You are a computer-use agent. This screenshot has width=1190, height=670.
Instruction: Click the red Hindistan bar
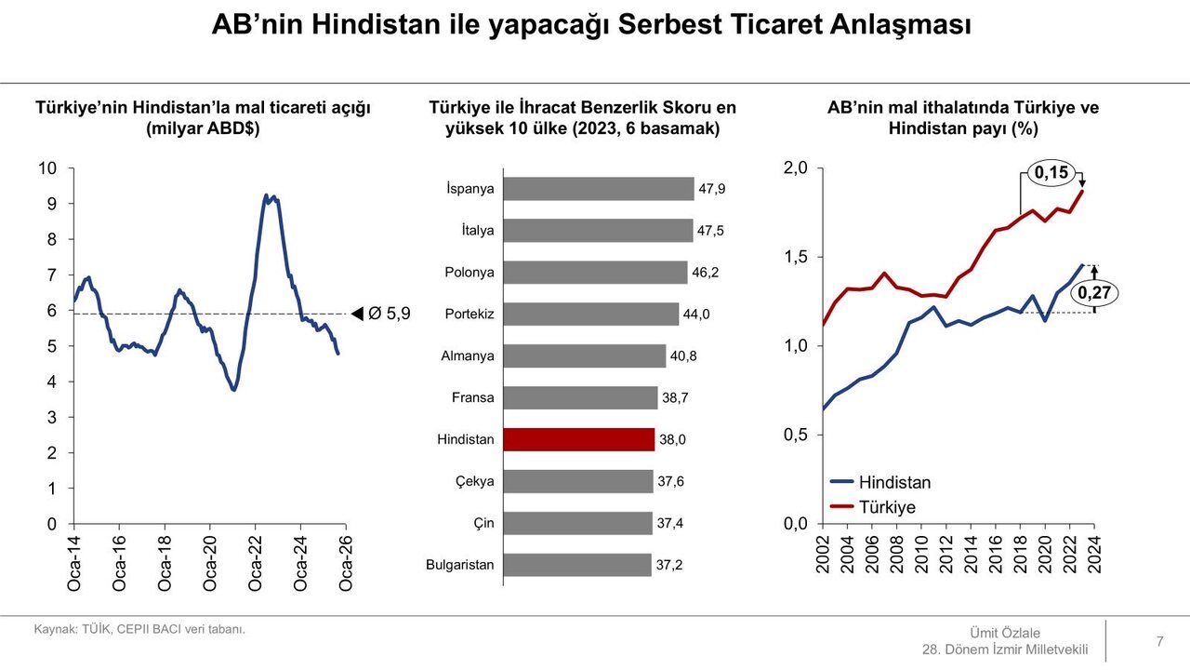(578, 439)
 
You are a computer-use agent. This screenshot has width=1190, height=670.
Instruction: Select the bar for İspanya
(598, 189)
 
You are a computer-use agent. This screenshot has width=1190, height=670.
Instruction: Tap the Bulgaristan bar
(576, 565)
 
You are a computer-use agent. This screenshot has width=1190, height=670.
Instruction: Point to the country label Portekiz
(469, 315)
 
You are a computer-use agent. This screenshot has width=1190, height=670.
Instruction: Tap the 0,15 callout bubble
(1051, 172)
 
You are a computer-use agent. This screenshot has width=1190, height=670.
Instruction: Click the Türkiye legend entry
(887, 507)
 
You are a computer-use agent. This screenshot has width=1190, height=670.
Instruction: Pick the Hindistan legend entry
(894, 482)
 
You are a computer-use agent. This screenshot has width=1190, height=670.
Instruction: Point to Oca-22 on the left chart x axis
(256, 563)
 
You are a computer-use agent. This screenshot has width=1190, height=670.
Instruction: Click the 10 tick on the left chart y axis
(47, 168)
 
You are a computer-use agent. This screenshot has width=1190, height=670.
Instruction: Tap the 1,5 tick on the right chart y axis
(796, 257)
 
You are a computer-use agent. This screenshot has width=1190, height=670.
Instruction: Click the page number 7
(1159, 640)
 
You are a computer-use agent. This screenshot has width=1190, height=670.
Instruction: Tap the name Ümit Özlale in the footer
(1005, 633)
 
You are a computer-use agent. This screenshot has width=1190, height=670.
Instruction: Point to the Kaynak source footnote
(139, 629)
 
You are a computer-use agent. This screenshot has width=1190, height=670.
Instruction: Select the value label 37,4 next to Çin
(670, 524)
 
